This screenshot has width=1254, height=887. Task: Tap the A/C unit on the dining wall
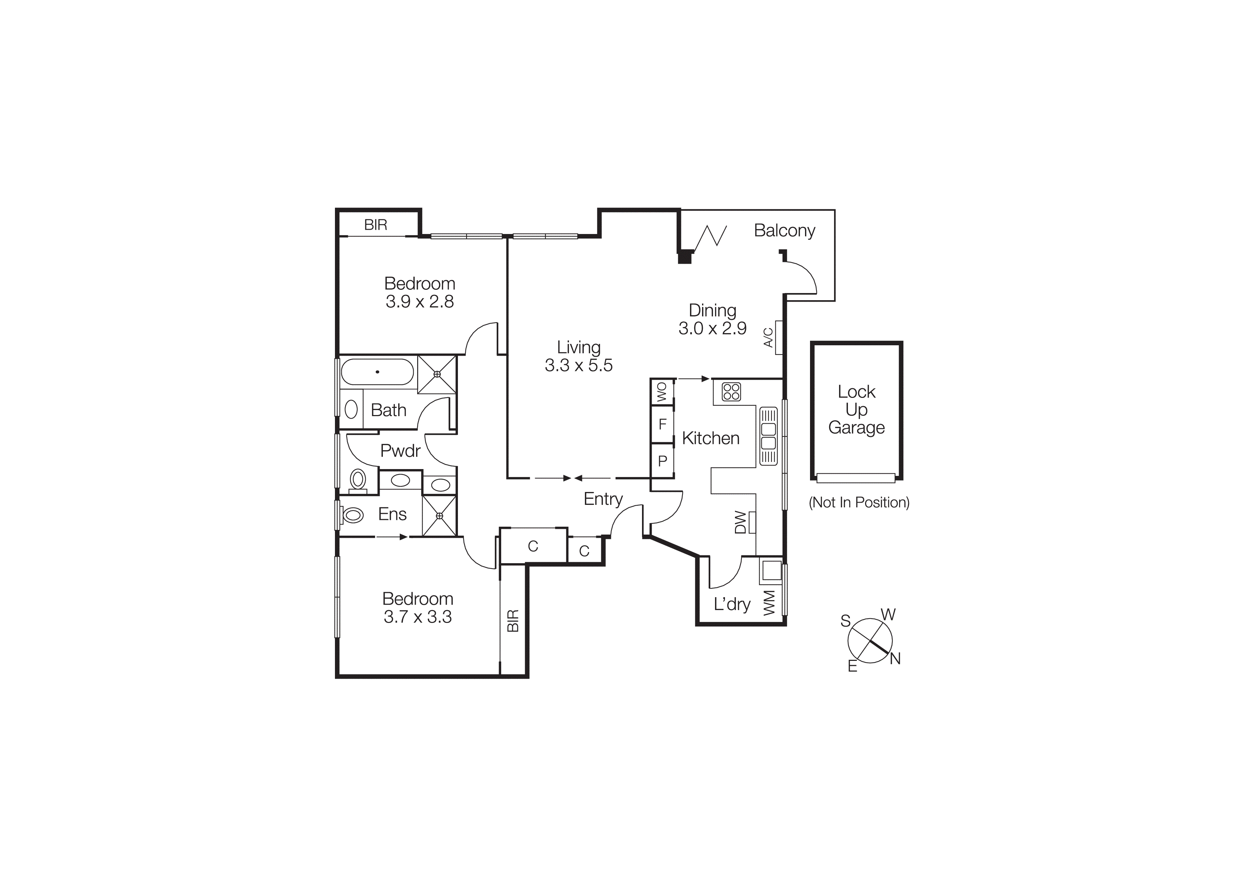click(x=778, y=337)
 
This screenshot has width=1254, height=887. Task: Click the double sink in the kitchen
click(x=768, y=435)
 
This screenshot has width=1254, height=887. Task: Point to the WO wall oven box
click(x=662, y=392)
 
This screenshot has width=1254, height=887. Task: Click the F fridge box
click(x=662, y=424)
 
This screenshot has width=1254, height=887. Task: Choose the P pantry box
click(x=662, y=461)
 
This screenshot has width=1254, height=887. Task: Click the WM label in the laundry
click(x=769, y=603)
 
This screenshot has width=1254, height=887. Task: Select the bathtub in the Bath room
click(x=377, y=372)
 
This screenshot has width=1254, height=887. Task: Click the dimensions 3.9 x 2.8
click(x=419, y=302)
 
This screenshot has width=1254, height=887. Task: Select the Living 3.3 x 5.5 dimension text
click(x=578, y=365)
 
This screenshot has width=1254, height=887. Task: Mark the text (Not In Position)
click(x=859, y=502)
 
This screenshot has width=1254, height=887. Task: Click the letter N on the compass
click(x=895, y=659)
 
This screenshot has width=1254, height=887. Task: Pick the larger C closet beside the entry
click(x=533, y=546)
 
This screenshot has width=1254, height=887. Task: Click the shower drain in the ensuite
click(x=439, y=515)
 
